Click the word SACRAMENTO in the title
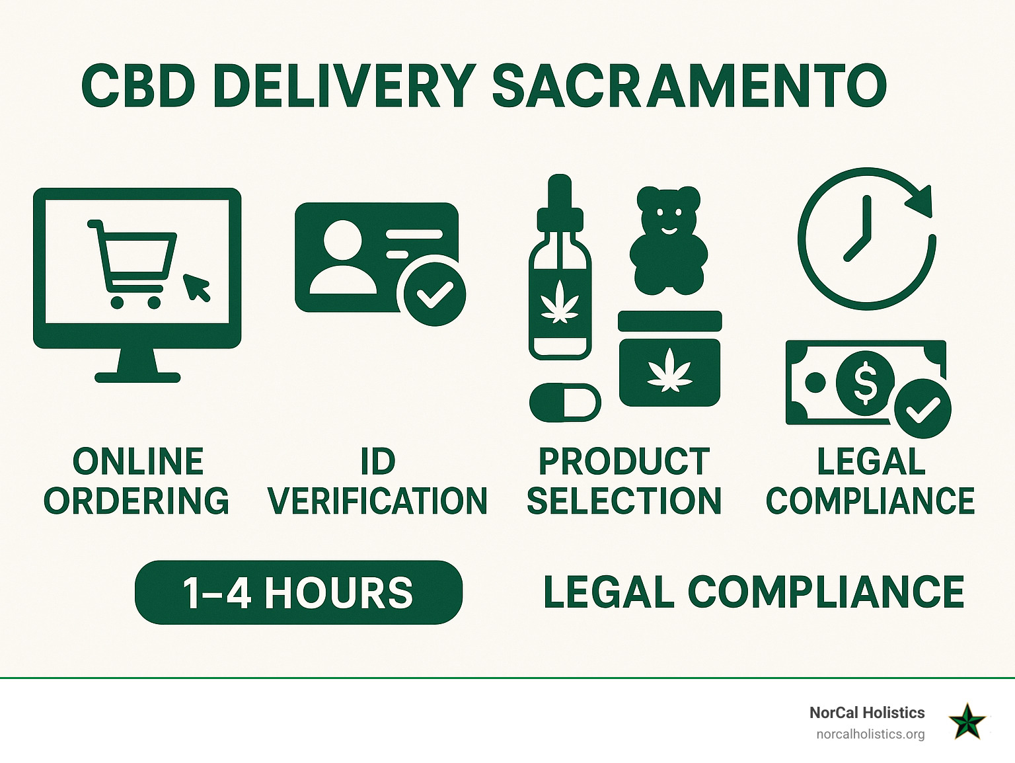point(689,87)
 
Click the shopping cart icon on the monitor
point(132,264)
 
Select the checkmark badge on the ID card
point(435,294)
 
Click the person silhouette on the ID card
point(343,257)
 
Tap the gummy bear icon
point(669,240)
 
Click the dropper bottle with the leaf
point(560,267)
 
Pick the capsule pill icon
point(565,402)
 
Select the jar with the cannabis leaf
point(670,358)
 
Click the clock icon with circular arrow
point(866,239)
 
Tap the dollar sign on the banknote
point(865,383)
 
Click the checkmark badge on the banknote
point(922,409)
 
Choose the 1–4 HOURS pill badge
point(299,592)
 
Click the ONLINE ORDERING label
point(137,481)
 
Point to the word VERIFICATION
point(377,501)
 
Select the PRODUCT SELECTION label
point(624,481)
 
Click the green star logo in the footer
point(967,721)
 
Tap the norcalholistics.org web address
point(870,734)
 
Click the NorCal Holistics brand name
point(867,713)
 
